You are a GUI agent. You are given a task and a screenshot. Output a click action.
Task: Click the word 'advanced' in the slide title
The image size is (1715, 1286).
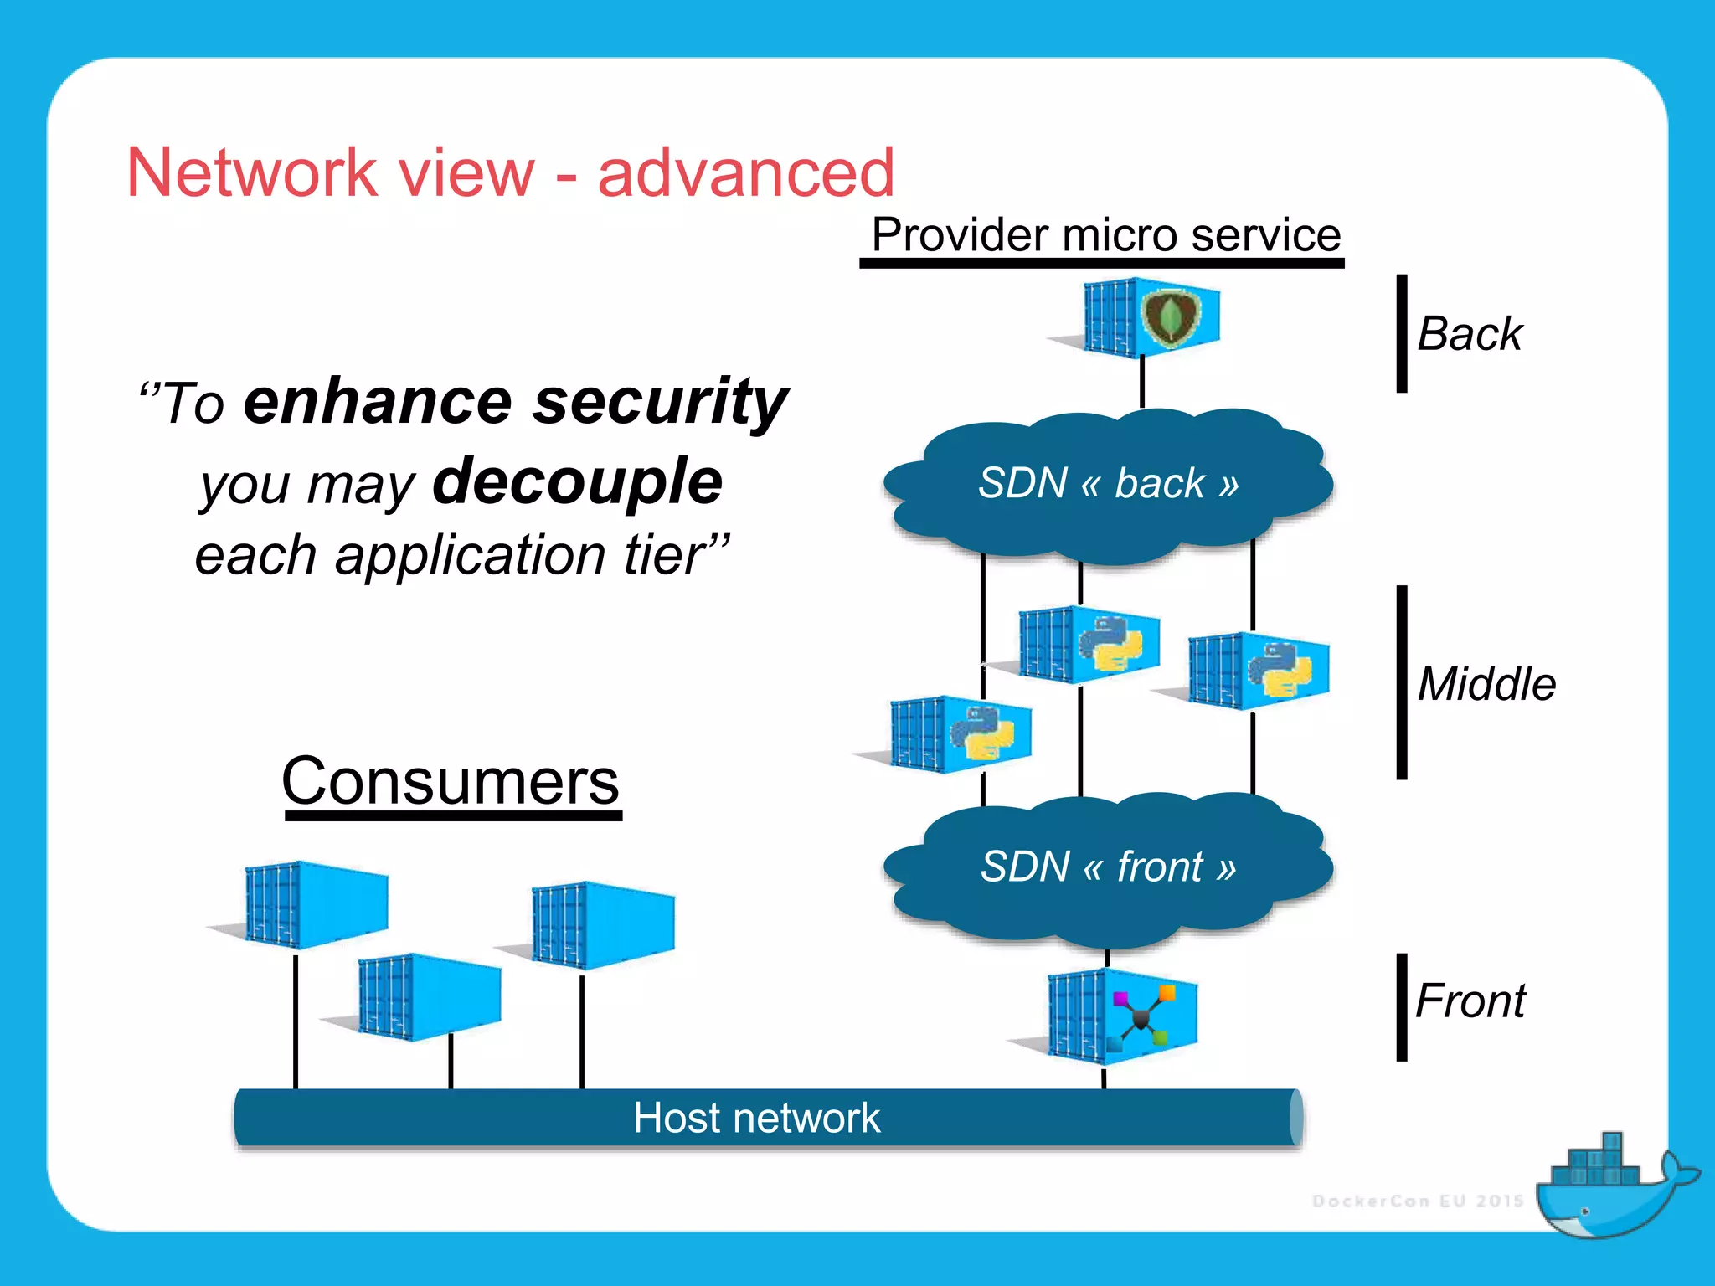[745, 172]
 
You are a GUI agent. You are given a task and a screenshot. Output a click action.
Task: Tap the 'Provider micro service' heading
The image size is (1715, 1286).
[1105, 234]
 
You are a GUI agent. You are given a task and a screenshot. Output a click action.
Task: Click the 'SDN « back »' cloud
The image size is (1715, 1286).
[1107, 484]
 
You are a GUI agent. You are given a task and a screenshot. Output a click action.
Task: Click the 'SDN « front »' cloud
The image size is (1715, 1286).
[1107, 867]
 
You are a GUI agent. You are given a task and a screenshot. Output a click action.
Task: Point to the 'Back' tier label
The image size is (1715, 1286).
[1470, 334]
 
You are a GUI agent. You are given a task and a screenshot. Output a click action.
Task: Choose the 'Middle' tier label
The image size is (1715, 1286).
[1486, 683]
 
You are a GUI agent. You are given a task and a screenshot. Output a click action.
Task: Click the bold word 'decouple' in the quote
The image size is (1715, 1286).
[578, 481]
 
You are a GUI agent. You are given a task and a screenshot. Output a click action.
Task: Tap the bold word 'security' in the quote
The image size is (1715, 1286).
[662, 402]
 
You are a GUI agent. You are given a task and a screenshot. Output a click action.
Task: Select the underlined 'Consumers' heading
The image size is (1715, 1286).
[451, 780]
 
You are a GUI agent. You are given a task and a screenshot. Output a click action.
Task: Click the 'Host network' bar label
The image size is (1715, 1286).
[756, 1119]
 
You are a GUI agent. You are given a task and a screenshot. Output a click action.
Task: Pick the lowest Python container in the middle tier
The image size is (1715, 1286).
[961, 733]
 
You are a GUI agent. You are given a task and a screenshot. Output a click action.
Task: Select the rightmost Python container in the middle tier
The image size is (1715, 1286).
[1259, 670]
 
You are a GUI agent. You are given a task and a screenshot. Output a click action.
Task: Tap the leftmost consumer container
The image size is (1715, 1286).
[316, 904]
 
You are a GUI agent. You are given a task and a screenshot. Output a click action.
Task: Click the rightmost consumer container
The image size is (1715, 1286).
[603, 925]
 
